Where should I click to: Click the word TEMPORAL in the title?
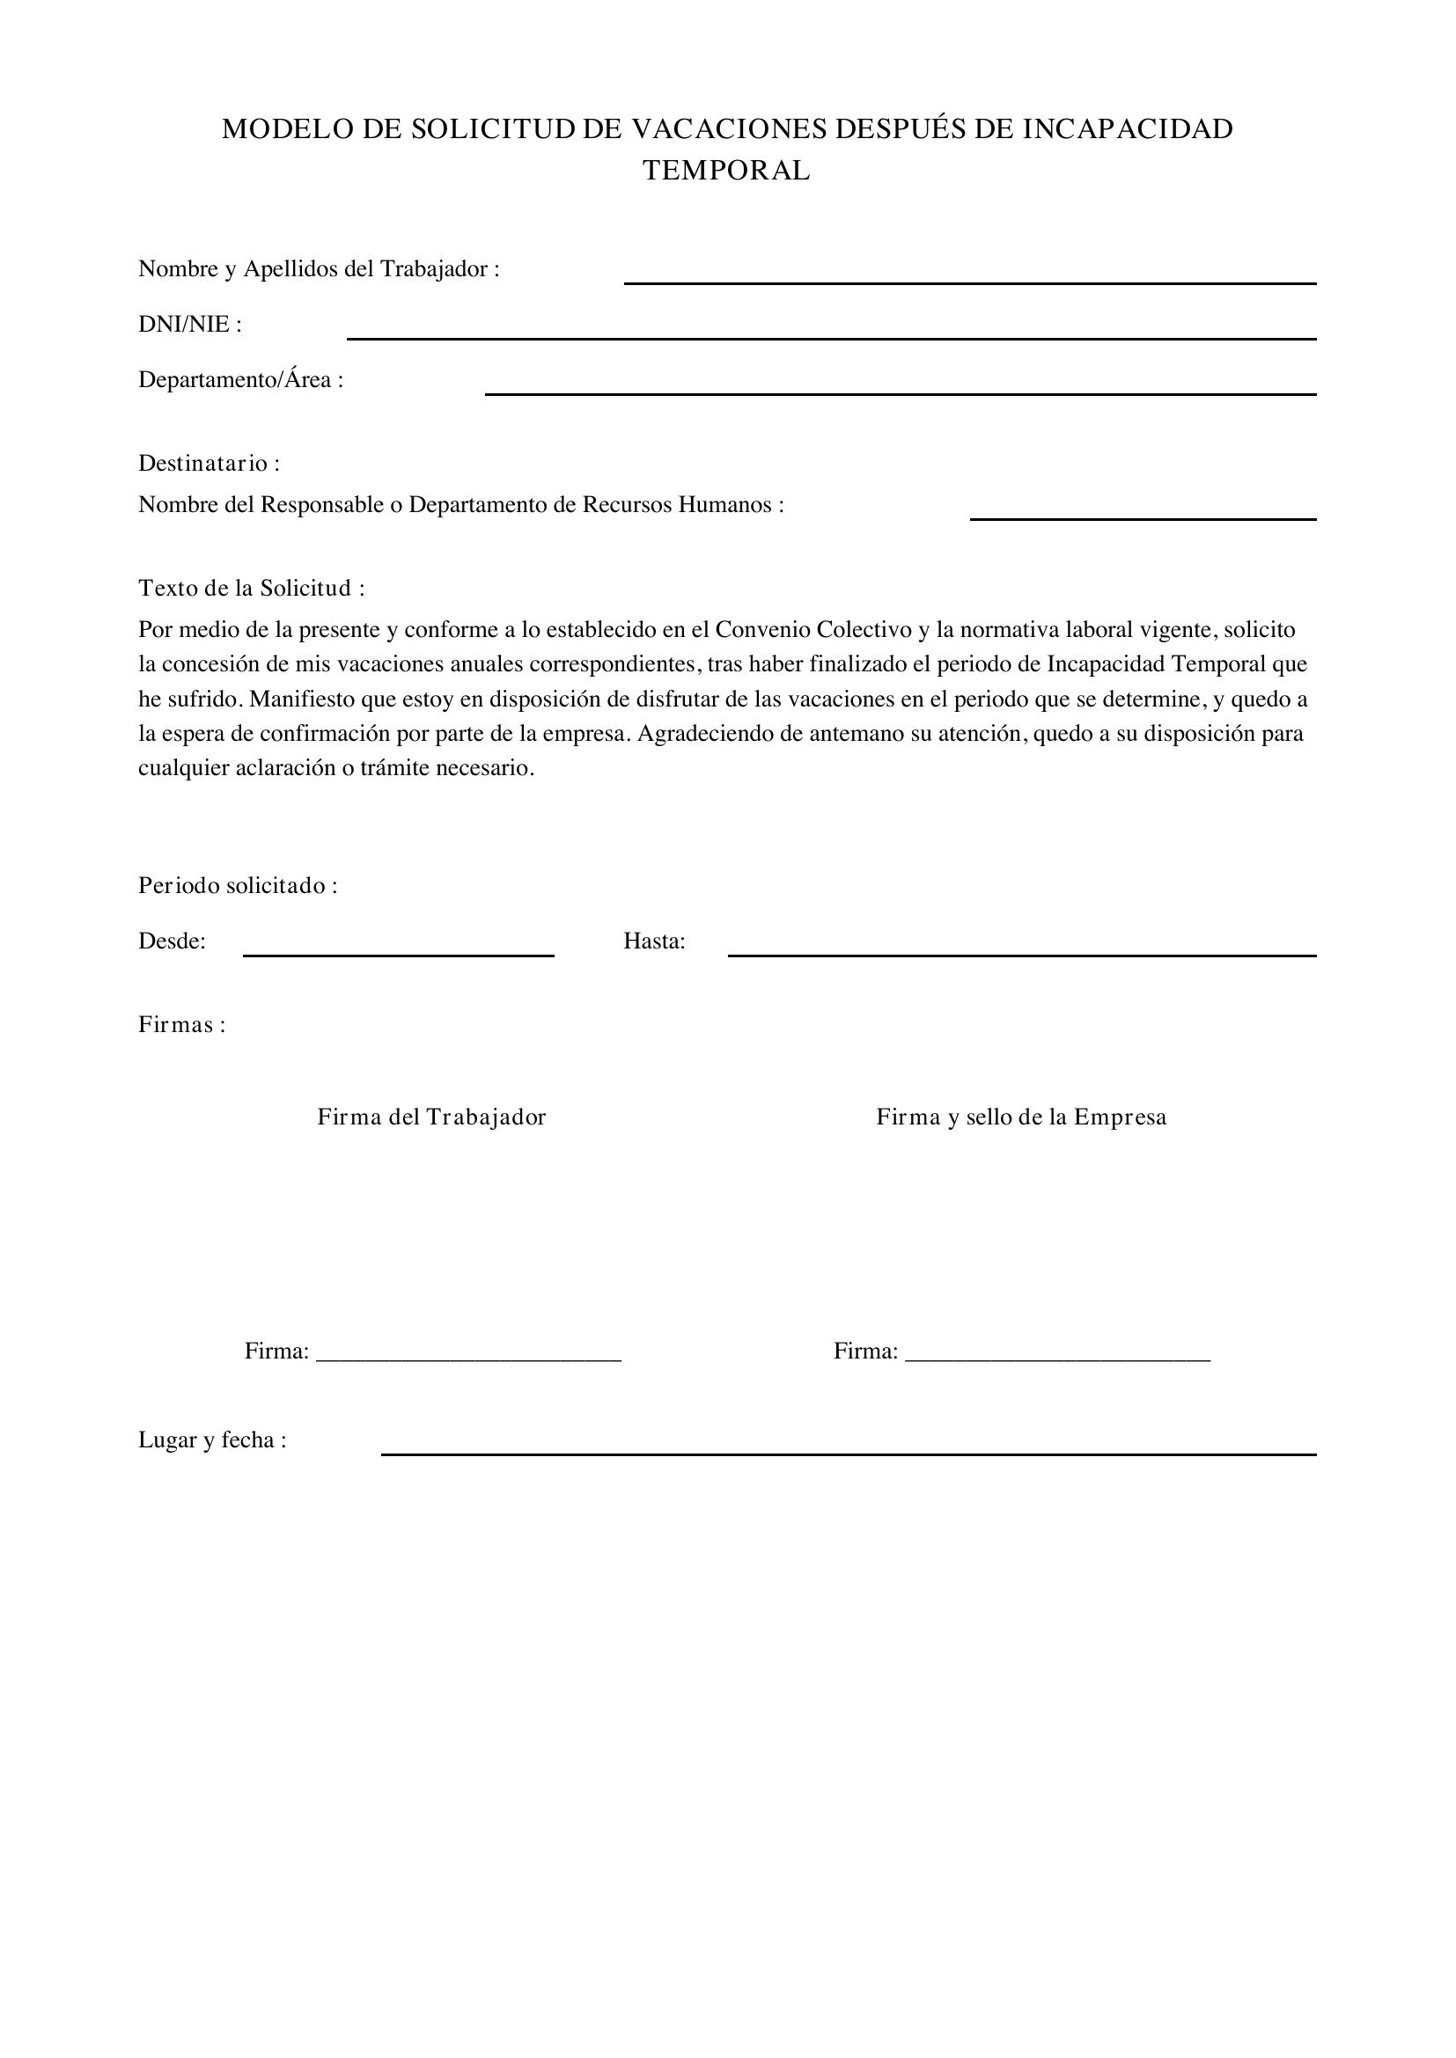(726, 171)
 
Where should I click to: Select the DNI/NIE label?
(190, 325)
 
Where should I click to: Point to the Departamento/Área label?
(240, 380)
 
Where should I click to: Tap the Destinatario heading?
(209, 464)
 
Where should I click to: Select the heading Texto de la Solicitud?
(251, 588)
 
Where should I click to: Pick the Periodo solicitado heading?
(238, 886)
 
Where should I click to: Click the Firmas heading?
(182, 1024)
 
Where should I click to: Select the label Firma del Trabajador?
(431, 1117)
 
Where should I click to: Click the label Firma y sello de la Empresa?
(1021, 1117)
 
